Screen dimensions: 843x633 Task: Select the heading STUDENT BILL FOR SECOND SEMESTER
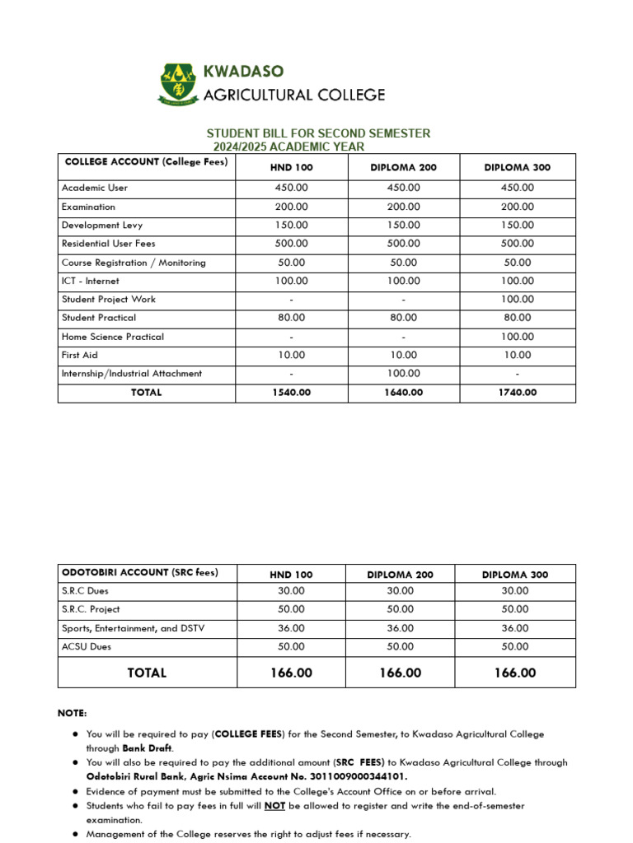(317, 133)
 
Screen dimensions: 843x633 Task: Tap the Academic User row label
(95, 188)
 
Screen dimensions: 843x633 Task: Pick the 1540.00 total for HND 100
(291, 393)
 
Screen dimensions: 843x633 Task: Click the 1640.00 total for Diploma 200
(403, 393)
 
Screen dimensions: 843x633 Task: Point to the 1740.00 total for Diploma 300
(517, 393)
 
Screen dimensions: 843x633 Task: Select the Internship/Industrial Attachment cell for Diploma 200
(403, 374)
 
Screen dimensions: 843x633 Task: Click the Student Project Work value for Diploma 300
(517, 300)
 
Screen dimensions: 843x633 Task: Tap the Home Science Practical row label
(113, 337)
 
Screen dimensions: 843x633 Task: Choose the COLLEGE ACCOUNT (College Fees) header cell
(146, 162)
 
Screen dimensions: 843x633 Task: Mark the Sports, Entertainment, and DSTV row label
(134, 628)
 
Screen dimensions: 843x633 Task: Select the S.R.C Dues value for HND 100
(291, 591)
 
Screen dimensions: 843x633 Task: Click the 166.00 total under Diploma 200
(400, 673)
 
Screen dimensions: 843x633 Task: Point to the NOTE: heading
(72, 713)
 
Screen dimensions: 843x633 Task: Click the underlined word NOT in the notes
(274, 806)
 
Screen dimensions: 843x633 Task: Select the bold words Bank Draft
(148, 748)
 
